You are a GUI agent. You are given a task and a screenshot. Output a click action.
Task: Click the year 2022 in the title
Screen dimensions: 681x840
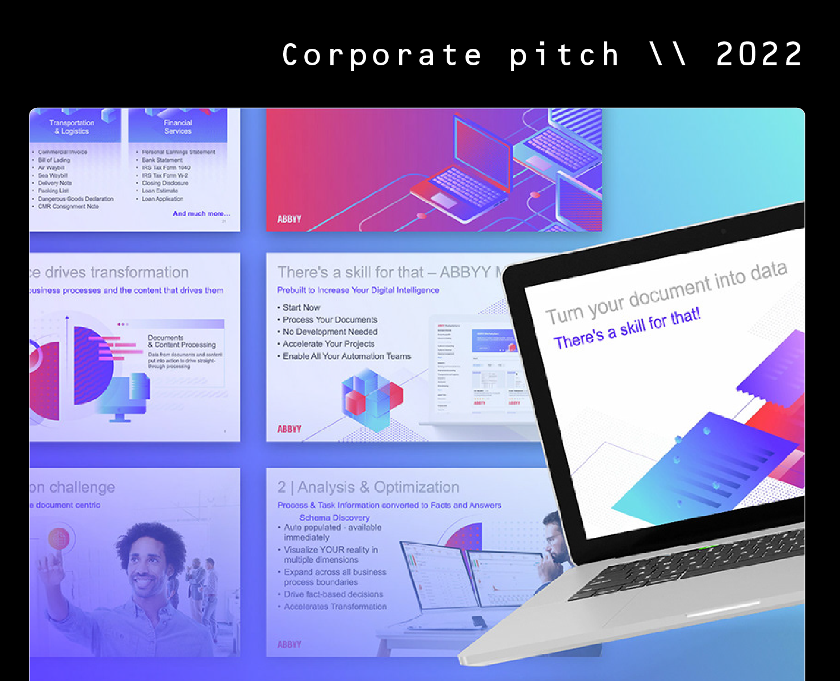coord(759,55)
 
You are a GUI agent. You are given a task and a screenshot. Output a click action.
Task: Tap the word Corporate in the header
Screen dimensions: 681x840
coord(382,55)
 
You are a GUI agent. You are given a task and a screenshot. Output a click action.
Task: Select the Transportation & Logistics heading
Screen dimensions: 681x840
coord(72,127)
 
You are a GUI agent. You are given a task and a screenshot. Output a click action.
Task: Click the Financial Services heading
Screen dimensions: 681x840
coord(178,127)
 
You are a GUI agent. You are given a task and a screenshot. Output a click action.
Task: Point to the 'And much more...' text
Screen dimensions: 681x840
coord(201,214)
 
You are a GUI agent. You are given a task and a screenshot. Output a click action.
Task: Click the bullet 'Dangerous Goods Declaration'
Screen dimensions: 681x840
coord(75,199)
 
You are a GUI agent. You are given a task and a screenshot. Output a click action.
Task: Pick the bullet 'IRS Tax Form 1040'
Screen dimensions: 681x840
coord(166,168)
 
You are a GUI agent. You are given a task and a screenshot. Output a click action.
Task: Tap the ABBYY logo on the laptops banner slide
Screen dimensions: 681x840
coord(289,219)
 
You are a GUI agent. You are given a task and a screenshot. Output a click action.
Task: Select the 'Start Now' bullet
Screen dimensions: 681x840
coord(301,308)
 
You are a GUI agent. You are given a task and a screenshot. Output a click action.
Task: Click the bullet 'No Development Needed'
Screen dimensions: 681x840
coord(330,332)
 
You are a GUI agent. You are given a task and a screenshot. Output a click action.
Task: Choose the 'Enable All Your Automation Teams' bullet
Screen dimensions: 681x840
coord(347,356)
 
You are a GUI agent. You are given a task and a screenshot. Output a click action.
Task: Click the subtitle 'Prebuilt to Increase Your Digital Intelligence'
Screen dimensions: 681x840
coord(358,290)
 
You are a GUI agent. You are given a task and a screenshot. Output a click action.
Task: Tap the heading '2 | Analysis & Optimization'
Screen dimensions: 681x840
coord(368,487)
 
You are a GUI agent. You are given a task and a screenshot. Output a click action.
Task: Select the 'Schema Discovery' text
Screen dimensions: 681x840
coord(334,518)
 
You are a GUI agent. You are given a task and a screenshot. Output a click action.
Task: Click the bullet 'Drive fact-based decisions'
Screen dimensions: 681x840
coord(333,594)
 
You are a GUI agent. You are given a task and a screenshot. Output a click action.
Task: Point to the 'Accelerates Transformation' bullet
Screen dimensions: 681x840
coord(335,607)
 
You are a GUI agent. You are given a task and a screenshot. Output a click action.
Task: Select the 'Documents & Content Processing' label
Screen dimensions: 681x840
coord(182,341)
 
